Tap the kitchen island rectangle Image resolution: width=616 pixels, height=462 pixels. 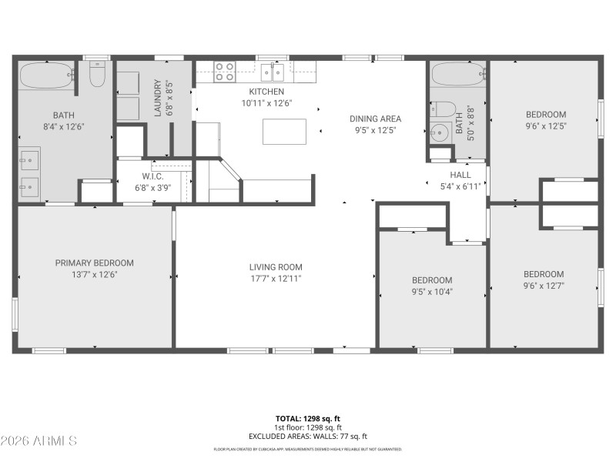click(x=284, y=132)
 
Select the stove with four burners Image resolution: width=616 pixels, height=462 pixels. click(x=224, y=72)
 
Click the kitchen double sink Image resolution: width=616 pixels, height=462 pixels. click(x=272, y=72)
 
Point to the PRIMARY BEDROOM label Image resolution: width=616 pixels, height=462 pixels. click(x=94, y=263)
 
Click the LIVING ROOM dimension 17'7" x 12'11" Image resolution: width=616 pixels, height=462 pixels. click(x=275, y=278)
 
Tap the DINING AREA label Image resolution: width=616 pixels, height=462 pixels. click(x=375, y=119)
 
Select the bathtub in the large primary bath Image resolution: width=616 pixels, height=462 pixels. click(x=46, y=75)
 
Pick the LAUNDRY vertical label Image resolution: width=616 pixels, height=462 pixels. click(x=158, y=97)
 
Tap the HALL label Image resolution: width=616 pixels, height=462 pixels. click(x=460, y=175)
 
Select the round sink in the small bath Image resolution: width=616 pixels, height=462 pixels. click(x=440, y=132)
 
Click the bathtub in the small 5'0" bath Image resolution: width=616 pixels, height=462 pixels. click(x=457, y=75)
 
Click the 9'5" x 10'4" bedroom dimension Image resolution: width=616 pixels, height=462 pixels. click(x=431, y=291)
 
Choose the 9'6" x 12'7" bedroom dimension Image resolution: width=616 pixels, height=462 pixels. click(x=544, y=286)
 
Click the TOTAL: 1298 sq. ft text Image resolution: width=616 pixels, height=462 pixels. click(x=308, y=419)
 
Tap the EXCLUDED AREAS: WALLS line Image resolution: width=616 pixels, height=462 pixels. click(x=308, y=436)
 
